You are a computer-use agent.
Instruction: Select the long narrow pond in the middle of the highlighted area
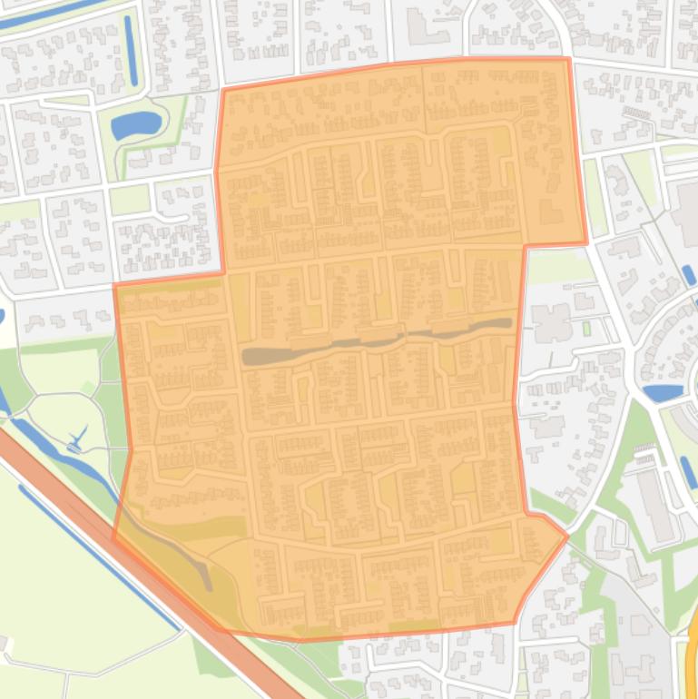click(x=372, y=340)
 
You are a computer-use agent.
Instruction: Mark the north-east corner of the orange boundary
click(x=568, y=60)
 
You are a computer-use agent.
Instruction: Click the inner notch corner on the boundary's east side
click(x=526, y=245)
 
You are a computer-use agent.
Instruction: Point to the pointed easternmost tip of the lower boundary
click(x=567, y=536)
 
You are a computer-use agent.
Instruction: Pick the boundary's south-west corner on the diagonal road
click(x=114, y=538)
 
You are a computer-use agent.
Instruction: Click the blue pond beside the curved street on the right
click(x=663, y=393)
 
